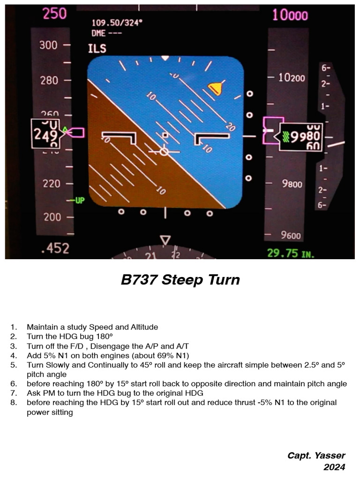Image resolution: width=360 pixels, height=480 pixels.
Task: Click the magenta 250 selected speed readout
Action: (x=54, y=14)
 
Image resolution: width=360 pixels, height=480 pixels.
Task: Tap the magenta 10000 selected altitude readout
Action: (x=290, y=15)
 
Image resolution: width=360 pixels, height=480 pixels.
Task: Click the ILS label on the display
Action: (x=97, y=48)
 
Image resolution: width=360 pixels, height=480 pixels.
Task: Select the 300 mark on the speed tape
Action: (x=49, y=45)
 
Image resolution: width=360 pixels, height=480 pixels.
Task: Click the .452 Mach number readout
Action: (x=55, y=248)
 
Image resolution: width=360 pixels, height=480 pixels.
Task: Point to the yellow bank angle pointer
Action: (x=215, y=88)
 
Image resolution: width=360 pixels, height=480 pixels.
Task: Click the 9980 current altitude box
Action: (x=301, y=137)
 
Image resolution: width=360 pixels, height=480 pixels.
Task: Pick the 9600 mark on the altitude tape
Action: (x=291, y=235)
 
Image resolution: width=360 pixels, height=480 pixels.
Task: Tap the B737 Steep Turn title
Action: (x=180, y=280)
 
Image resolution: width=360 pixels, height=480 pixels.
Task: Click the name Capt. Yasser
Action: (x=316, y=456)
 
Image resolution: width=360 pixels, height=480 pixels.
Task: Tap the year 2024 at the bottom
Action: (x=334, y=467)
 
